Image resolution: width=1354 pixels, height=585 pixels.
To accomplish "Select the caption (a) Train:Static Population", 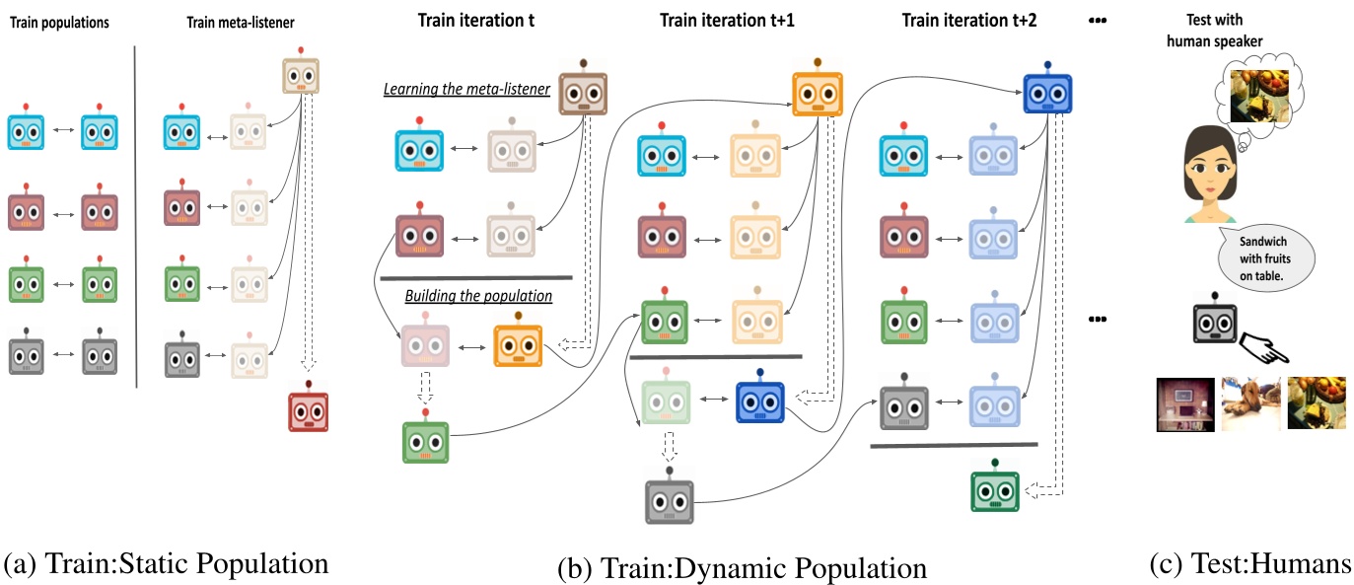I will click(x=166, y=564).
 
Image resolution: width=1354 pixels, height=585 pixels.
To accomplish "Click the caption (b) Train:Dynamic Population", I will click(x=742, y=568).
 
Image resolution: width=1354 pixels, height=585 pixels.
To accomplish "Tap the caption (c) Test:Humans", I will click(x=1249, y=564).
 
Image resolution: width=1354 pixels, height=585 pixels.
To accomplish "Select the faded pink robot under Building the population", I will click(x=425, y=342).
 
